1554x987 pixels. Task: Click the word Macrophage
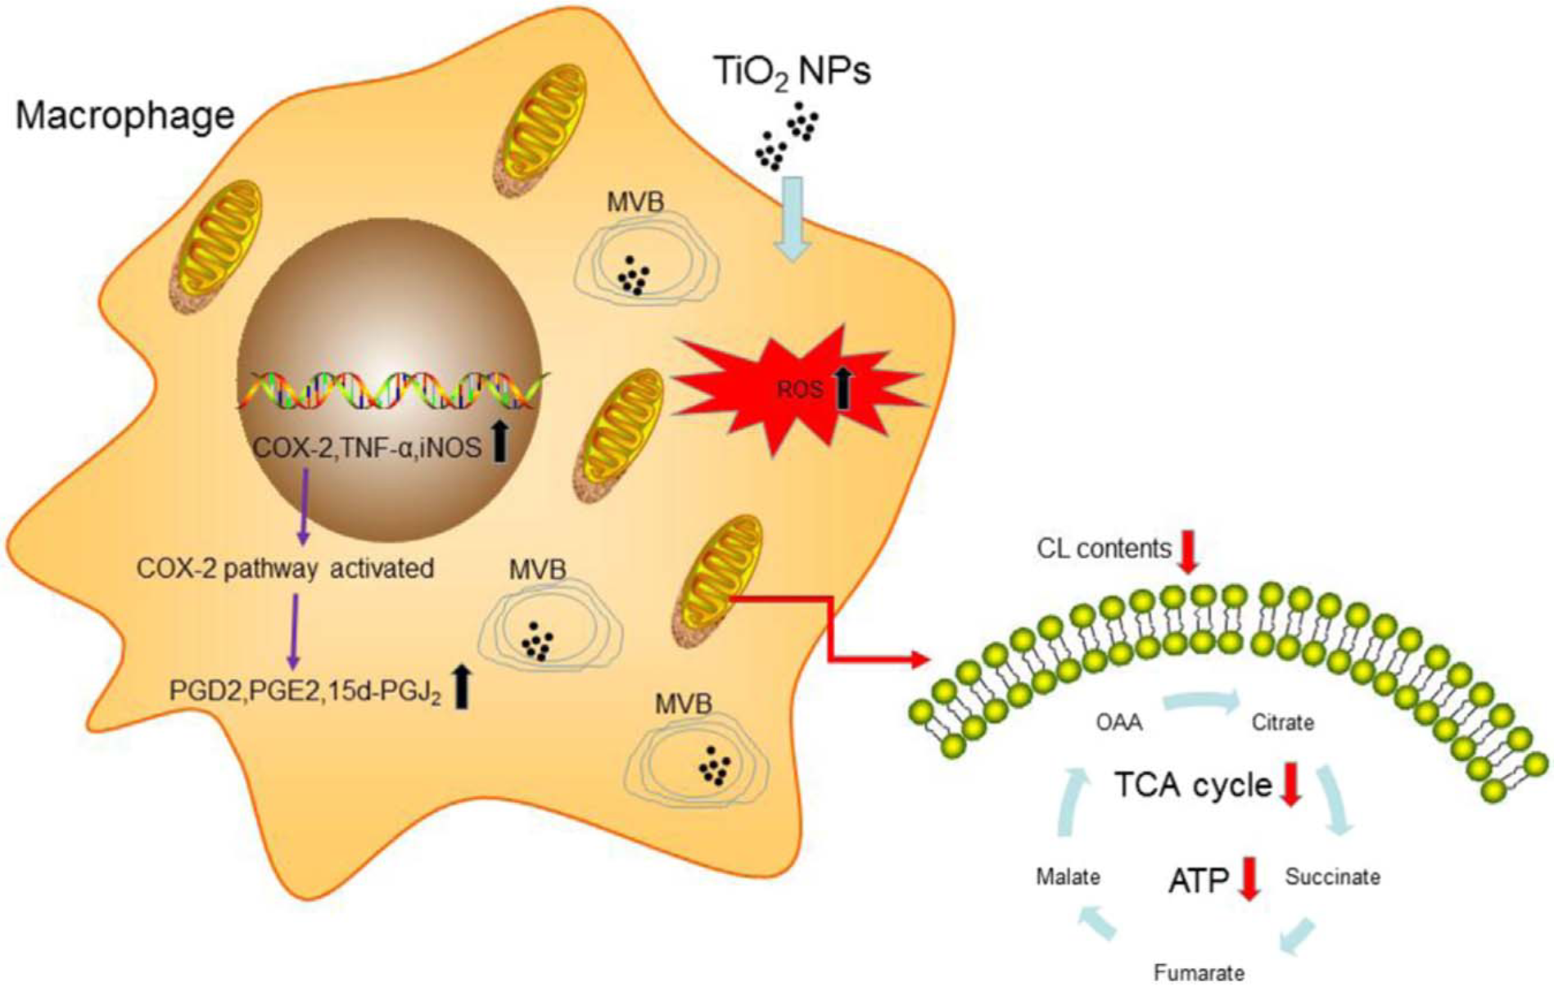pos(125,115)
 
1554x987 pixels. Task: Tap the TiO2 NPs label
pos(792,72)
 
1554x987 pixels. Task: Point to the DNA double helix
pos(393,390)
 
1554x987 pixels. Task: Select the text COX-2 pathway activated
pos(285,568)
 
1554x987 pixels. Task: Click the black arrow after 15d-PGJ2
pos(462,687)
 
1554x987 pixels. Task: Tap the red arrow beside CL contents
pos(1188,550)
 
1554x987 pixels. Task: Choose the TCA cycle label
pos(1193,785)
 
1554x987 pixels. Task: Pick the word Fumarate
pos(1199,973)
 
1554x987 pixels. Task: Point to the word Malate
pos(1068,877)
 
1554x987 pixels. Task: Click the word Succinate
pos(1332,877)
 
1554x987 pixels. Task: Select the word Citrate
pos(1282,723)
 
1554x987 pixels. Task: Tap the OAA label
pos(1119,723)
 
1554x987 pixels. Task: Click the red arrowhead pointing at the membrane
pos(921,659)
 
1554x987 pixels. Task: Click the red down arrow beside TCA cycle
pos(1290,784)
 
